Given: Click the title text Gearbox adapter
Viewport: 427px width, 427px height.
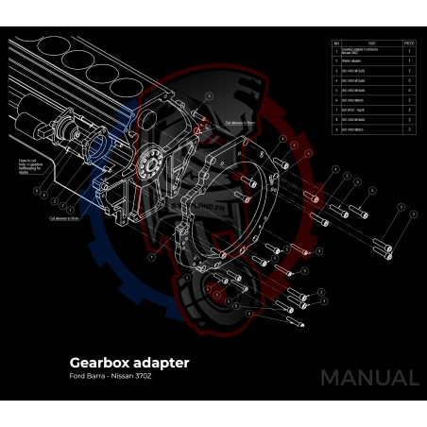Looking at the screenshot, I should [129, 362].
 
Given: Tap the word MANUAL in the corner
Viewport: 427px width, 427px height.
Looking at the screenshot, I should [368, 378].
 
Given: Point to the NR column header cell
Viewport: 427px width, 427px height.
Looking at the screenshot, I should [336, 43].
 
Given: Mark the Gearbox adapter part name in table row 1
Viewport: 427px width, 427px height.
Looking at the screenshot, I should [364, 51].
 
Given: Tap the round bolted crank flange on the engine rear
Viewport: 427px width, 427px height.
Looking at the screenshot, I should [148, 165].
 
